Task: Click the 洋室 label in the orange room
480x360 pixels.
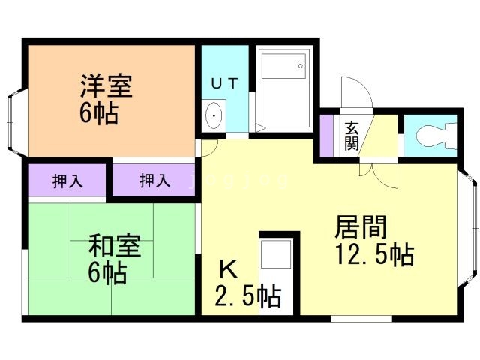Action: (x=106, y=86)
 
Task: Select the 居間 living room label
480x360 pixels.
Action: (x=361, y=227)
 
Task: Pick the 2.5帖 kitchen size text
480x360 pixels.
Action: (x=248, y=296)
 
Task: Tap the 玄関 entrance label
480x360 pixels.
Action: (x=351, y=135)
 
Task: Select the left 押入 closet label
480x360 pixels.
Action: (x=68, y=181)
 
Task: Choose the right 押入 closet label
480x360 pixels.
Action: (x=155, y=181)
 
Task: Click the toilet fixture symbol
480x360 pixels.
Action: (x=433, y=136)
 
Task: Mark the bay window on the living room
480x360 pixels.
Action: (x=469, y=223)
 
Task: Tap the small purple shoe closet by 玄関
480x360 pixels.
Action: (x=326, y=135)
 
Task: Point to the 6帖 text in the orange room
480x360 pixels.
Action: (x=100, y=114)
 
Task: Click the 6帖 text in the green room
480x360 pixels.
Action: (x=106, y=272)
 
